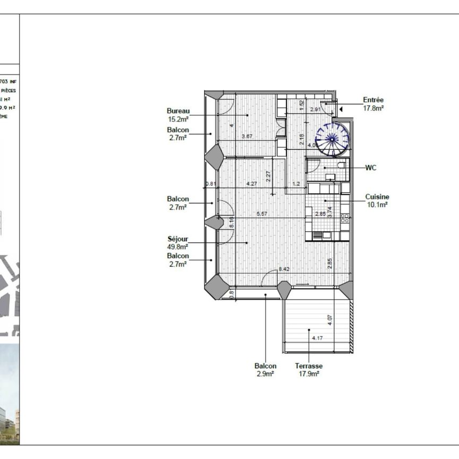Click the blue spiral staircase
tap(333, 139)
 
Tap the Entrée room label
tap(373, 100)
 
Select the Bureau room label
tap(178, 111)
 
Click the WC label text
tap(371, 168)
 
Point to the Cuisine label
tap(377, 197)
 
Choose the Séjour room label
tap(177, 240)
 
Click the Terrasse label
tap(309, 366)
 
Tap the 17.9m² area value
tap(309, 374)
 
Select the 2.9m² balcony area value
tap(265, 374)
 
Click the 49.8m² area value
tap(177, 247)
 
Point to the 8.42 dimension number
tap(284, 270)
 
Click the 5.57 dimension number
tap(262, 214)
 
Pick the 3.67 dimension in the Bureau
tap(247, 137)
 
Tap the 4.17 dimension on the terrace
tap(318, 338)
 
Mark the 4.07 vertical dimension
tap(330, 320)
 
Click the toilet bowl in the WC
tap(341, 165)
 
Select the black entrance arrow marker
tap(341, 109)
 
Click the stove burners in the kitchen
tap(345, 218)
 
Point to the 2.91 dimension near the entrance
tap(316, 110)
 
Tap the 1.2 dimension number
tap(296, 184)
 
